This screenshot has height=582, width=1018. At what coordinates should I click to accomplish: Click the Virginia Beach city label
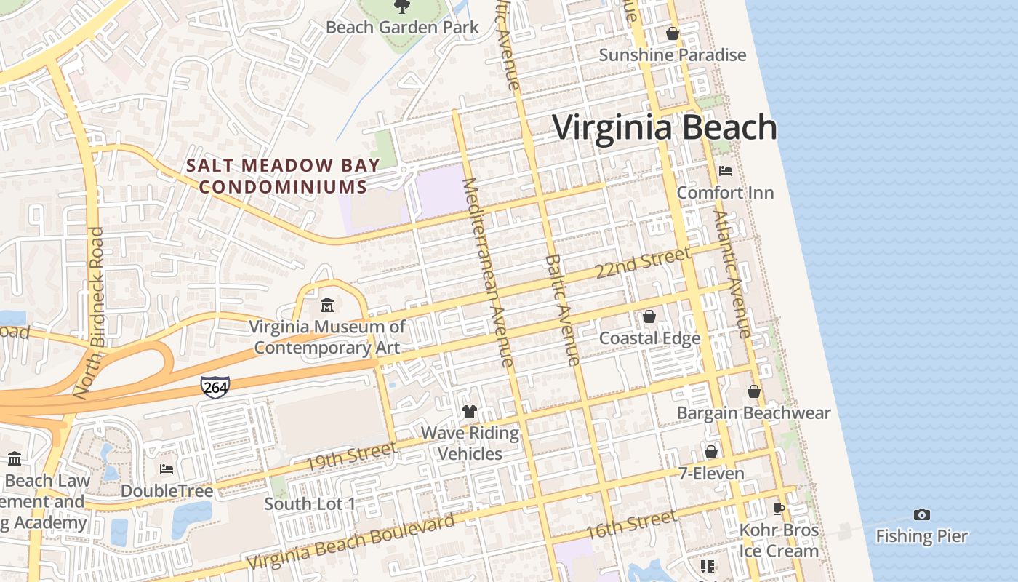(665, 128)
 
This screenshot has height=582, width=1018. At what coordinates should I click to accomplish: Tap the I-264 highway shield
(215, 387)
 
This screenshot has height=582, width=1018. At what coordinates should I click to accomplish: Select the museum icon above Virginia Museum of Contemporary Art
(327, 304)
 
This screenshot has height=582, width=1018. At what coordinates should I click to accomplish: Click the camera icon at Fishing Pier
(921, 514)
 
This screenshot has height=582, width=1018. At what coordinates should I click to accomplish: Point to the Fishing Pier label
(921, 537)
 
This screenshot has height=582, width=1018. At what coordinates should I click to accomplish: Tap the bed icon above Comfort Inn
(725, 171)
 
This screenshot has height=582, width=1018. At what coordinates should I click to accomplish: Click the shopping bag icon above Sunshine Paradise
(673, 33)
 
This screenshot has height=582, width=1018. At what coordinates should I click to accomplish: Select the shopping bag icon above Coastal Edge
(649, 316)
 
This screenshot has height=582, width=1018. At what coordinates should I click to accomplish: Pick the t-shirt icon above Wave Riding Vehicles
(470, 412)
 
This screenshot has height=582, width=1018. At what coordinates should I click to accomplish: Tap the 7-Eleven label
(711, 474)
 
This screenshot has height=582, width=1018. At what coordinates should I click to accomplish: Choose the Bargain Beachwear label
(753, 413)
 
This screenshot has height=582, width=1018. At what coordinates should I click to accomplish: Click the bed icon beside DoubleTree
(167, 469)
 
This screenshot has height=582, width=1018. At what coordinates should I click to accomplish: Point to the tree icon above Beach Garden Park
(401, 7)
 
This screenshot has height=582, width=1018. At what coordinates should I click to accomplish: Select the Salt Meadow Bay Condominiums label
(283, 176)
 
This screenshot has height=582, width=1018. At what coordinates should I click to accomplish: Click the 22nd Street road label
(642, 263)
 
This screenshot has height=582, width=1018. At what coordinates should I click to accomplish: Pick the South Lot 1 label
(310, 503)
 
